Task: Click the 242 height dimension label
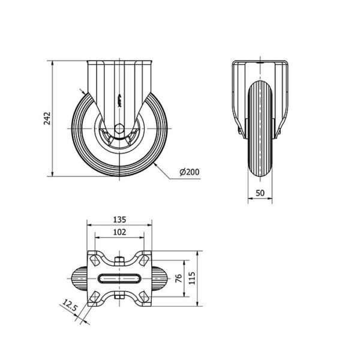point(47,118)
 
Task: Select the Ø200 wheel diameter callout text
point(190,173)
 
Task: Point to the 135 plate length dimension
point(119,220)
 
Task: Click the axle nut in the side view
point(119,129)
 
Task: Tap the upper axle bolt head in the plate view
point(120,260)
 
